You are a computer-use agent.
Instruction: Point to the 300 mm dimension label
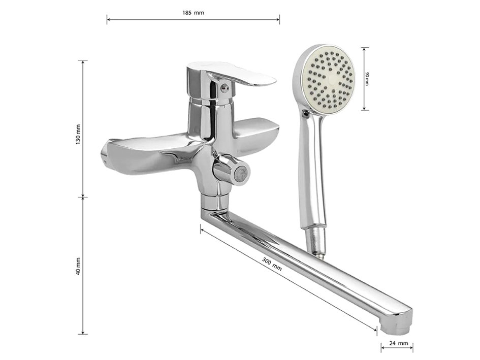272,263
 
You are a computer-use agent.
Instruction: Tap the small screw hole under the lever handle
224,89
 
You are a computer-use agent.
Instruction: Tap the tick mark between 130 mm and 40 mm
83,197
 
